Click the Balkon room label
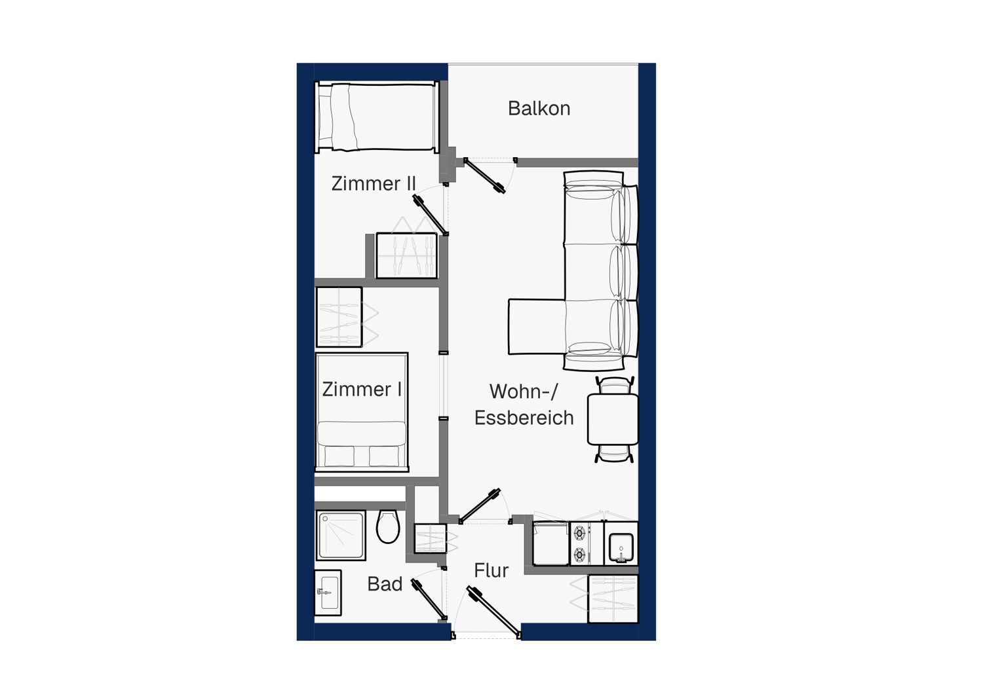[x=539, y=108]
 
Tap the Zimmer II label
[x=373, y=183]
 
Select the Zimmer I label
[x=362, y=390]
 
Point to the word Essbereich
[x=524, y=417]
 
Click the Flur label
[x=491, y=570]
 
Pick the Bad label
[x=385, y=584]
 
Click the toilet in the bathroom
[x=388, y=526]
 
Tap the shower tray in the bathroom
[x=341, y=536]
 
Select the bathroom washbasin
[x=328, y=593]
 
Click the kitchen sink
[x=621, y=547]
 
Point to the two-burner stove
[x=581, y=543]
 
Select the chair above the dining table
[x=614, y=385]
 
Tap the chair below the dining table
[x=614, y=453]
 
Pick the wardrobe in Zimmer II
[x=407, y=255]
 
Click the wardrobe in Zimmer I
[x=339, y=317]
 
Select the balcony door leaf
[x=485, y=175]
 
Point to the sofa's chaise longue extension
[x=536, y=327]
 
